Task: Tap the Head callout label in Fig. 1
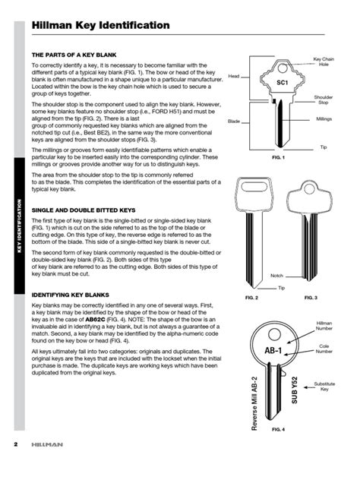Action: coord(234,76)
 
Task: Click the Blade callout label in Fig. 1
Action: coord(234,121)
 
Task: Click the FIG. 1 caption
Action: coord(278,157)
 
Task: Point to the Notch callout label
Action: coord(276,276)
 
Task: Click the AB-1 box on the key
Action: coord(273,351)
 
